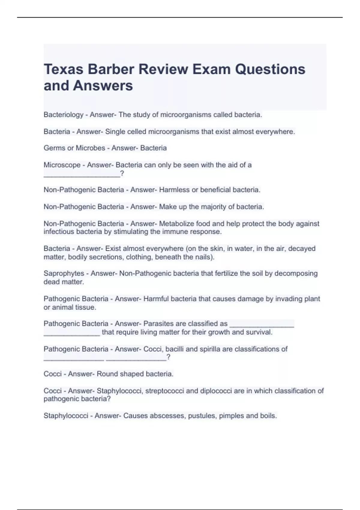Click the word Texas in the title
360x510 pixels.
[x=64, y=69]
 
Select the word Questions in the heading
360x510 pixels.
[x=270, y=69]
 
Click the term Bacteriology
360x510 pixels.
[x=63, y=115]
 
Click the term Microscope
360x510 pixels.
[x=62, y=165]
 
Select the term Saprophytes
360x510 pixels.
[x=64, y=274]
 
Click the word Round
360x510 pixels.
[x=106, y=374]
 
